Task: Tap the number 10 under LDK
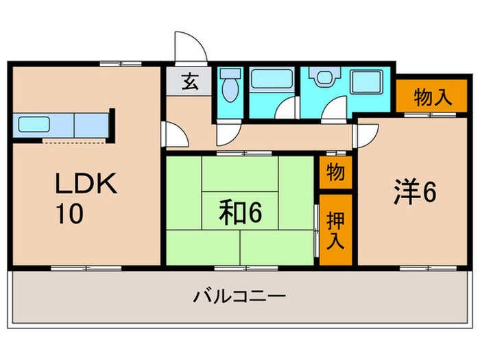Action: (70, 213)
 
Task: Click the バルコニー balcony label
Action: (239, 298)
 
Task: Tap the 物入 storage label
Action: (433, 97)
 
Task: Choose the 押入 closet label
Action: (335, 230)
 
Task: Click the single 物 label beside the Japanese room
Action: (335, 173)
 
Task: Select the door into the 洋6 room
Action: (364, 136)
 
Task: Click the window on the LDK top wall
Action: (119, 64)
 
